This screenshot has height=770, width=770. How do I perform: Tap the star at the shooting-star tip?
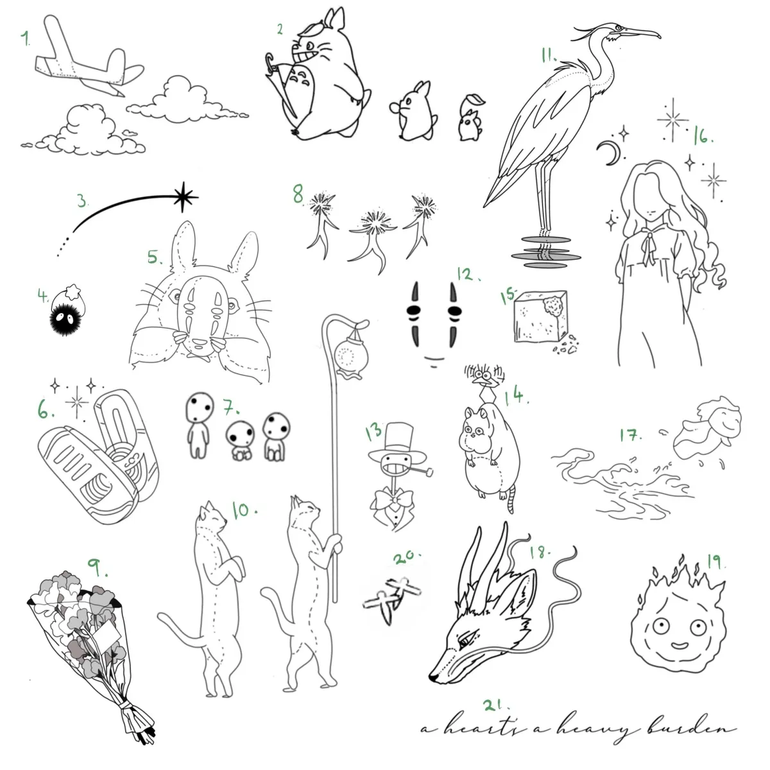[x=184, y=196]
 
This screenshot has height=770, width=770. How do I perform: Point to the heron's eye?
[x=618, y=28]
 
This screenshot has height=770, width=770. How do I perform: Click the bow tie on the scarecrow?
[x=394, y=499]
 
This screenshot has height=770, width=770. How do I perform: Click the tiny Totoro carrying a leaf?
[x=471, y=118]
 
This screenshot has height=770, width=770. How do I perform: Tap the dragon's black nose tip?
[x=432, y=676]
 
